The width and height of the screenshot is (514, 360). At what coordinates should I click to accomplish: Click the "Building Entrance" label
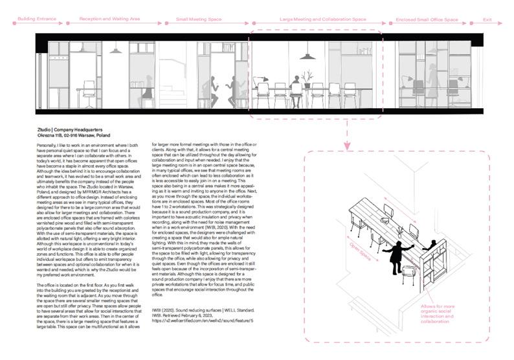(x=37, y=20)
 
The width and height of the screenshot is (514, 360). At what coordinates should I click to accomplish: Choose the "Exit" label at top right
(x=487, y=20)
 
